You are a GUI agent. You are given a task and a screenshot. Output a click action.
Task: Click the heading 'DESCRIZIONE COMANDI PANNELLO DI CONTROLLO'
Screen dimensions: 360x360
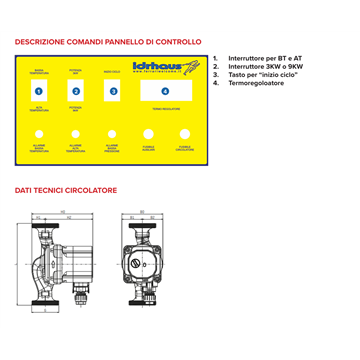pyautogui.click(x=108, y=42)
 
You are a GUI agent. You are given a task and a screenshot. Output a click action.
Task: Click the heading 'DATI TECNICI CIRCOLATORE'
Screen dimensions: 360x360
pyautogui.click(x=66, y=188)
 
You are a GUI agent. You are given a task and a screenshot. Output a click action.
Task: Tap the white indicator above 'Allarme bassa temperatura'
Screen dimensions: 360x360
pyautogui.click(x=38, y=133)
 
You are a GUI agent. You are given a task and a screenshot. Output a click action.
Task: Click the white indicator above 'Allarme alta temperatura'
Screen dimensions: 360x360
pyautogui.click(x=75, y=133)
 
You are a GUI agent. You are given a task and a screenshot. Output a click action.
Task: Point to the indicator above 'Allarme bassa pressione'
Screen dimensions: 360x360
pyautogui.click(x=112, y=133)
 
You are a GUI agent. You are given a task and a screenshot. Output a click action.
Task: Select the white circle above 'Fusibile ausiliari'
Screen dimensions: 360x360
pyautogui.click(x=148, y=133)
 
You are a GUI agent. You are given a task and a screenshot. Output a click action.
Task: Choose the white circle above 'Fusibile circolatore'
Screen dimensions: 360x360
pyautogui.click(x=184, y=133)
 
